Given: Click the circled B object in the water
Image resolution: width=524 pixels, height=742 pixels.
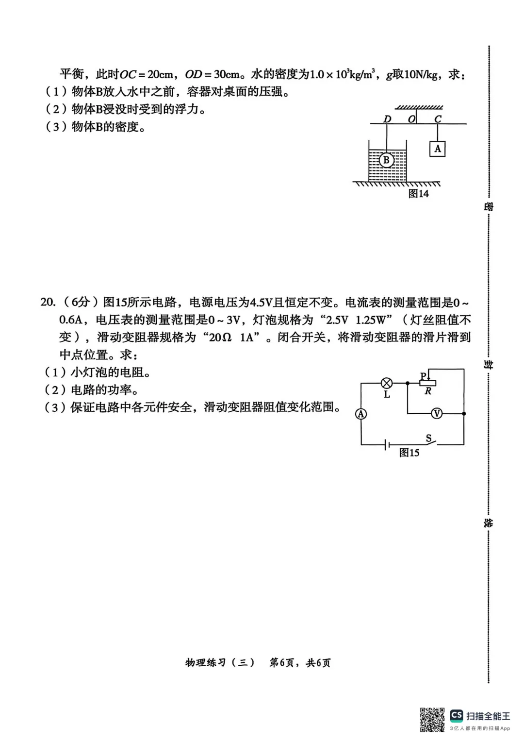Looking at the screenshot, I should [x=386, y=160].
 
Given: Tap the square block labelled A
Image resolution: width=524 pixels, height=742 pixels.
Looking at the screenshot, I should [x=437, y=149].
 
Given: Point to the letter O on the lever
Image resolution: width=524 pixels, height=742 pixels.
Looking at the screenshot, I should [x=411, y=118].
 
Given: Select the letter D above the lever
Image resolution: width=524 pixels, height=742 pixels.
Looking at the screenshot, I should [x=387, y=118].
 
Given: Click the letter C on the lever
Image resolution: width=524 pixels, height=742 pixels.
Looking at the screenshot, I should [x=438, y=118].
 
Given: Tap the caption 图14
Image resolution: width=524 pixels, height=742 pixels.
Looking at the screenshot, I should [x=418, y=193].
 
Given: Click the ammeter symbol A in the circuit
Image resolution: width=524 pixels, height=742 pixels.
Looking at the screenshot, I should [x=361, y=414].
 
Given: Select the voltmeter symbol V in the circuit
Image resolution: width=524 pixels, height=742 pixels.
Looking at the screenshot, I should [x=437, y=414].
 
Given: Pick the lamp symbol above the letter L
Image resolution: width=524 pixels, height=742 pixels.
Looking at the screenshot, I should [x=387, y=383].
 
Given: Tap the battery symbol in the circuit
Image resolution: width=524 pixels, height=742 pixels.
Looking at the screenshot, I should [x=386, y=444].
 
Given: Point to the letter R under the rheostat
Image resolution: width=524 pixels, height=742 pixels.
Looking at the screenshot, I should [x=427, y=391].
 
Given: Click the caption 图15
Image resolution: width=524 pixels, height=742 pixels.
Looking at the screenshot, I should [x=409, y=453].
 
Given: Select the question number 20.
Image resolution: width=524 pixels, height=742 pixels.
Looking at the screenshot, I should [x=48, y=302].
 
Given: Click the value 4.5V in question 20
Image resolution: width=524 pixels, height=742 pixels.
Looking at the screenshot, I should [x=261, y=302].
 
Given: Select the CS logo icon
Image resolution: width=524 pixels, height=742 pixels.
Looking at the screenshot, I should [x=456, y=715].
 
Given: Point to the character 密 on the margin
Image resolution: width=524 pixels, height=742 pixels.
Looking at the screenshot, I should [x=488, y=206].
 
